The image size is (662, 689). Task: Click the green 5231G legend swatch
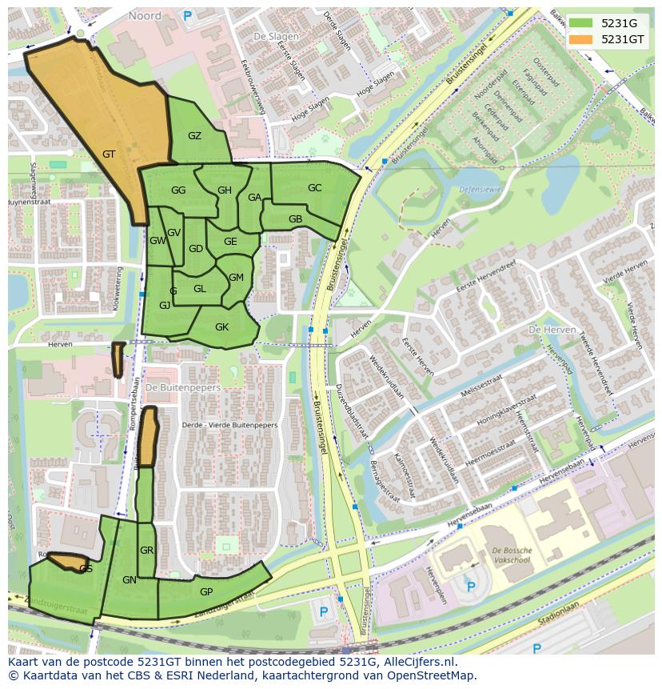(580, 23)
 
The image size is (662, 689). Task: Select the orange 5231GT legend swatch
(580, 38)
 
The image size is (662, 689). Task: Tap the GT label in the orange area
(110, 154)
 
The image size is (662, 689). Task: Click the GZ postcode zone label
(194, 136)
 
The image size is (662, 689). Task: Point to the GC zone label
(314, 188)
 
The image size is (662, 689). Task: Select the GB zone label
(295, 219)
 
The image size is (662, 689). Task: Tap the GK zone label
(221, 326)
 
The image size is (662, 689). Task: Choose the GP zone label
(206, 591)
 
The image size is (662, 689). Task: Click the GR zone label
(146, 551)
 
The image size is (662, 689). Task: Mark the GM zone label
(236, 278)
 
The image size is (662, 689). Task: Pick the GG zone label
(178, 190)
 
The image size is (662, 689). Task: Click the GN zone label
(130, 580)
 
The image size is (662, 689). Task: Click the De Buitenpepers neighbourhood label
(183, 387)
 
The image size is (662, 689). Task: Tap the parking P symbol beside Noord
(188, 15)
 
